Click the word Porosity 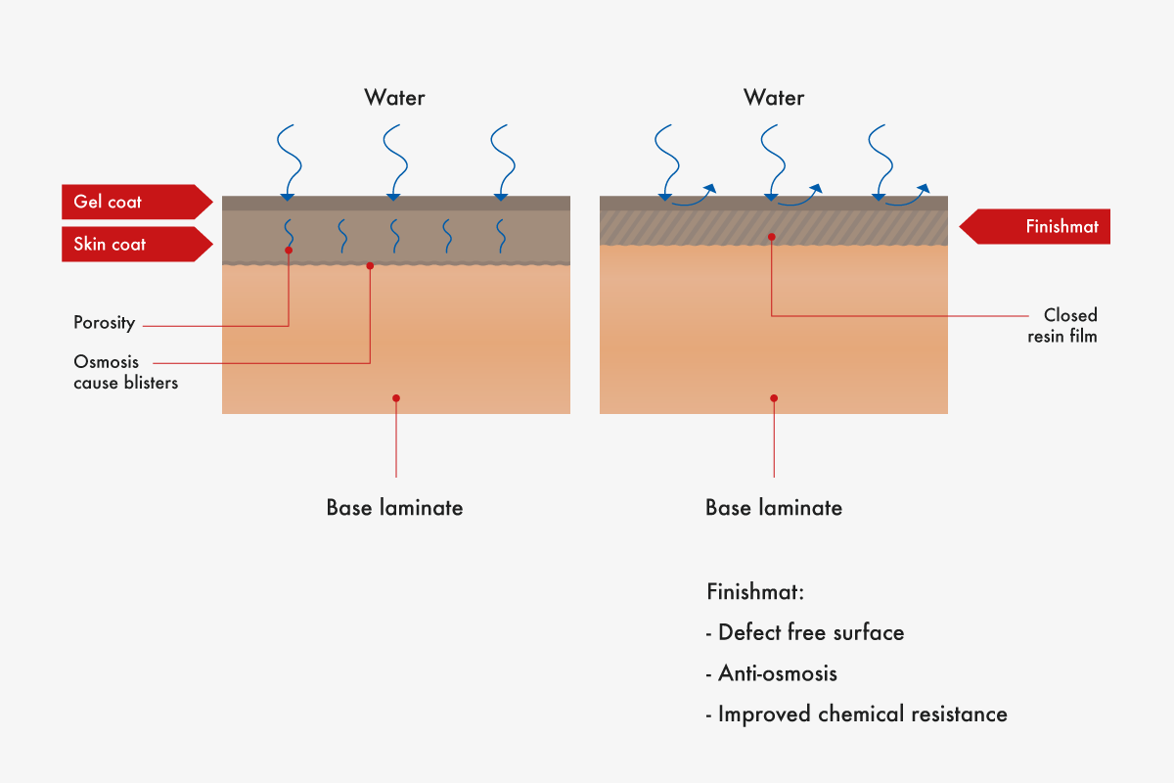(104, 323)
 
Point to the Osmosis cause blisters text (125, 373)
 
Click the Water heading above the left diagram (394, 98)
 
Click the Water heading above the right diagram (774, 98)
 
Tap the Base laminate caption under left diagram (394, 508)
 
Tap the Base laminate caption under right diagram (774, 508)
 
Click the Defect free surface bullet (805, 632)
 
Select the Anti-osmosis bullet (772, 673)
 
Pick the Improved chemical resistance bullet (856, 714)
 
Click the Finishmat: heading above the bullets (754, 593)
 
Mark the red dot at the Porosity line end (289, 251)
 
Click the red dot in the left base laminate (395, 397)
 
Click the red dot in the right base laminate (774, 397)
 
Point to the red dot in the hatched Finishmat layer (772, 236)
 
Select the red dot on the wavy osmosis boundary (370, 265)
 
